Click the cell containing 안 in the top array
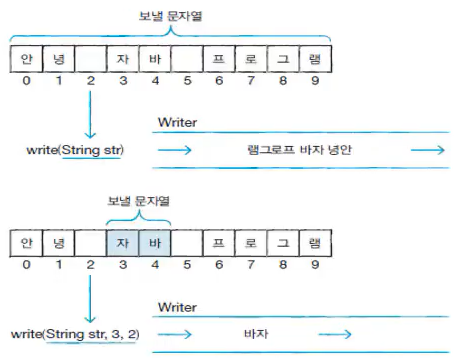[x=26, y=59]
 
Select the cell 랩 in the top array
[x=315, y=59]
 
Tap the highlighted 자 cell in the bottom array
[x=123, y=243]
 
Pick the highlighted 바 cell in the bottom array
[x=155, y=243]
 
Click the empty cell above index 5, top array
[x=187, y=59]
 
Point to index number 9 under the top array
[x=315, y=80]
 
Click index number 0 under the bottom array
[x=26, y=265]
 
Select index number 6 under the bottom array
[x=219, y=265]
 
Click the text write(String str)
[x=75, y=150]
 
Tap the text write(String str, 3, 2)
[x=75, y=334]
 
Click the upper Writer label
[x=177, y=122]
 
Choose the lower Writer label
[x=177, y=307]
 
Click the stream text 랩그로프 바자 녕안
[x=299, y=150]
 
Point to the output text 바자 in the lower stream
[x=256, y=334]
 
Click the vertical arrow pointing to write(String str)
[x=90, y=115]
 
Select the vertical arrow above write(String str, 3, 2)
[x=90, y=299]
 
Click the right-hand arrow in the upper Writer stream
[x=428, y=150]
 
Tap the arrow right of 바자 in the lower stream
[x=335, y=334]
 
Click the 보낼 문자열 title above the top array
[x=170, y=16]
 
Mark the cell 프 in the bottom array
[x=219, y=243]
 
